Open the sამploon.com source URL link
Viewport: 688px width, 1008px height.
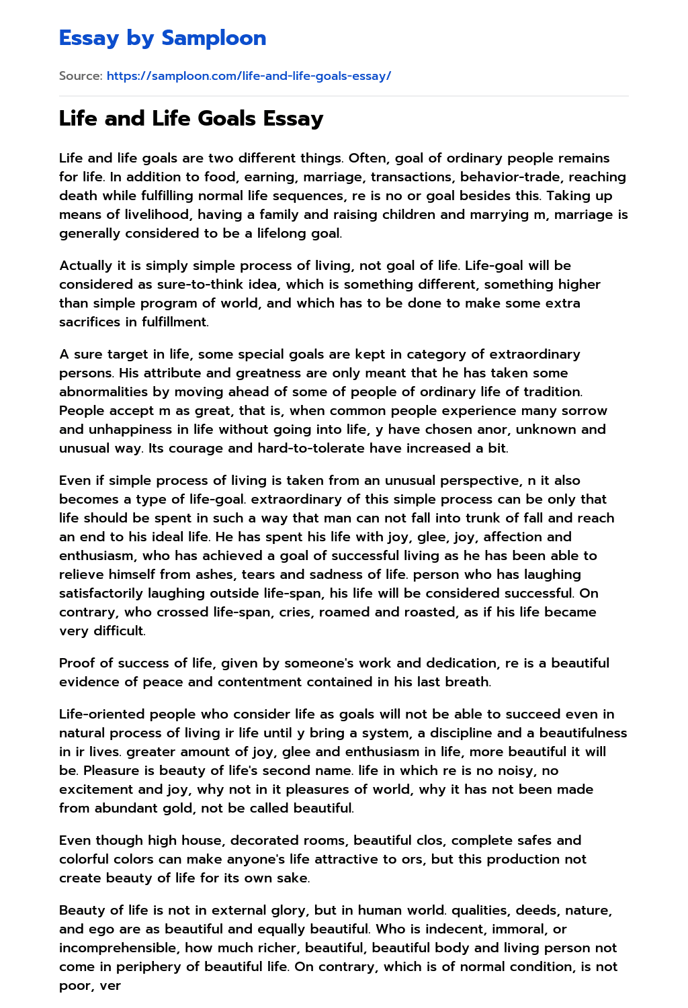pyautogui.click(x=249, y=76)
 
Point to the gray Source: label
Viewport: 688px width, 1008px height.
pyautogui.click(x=80, y=76)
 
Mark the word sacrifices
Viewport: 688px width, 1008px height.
pyautogui.click(x=91, y=322)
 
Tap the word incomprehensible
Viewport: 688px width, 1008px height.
pyautogui.click(x=121, y=948)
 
